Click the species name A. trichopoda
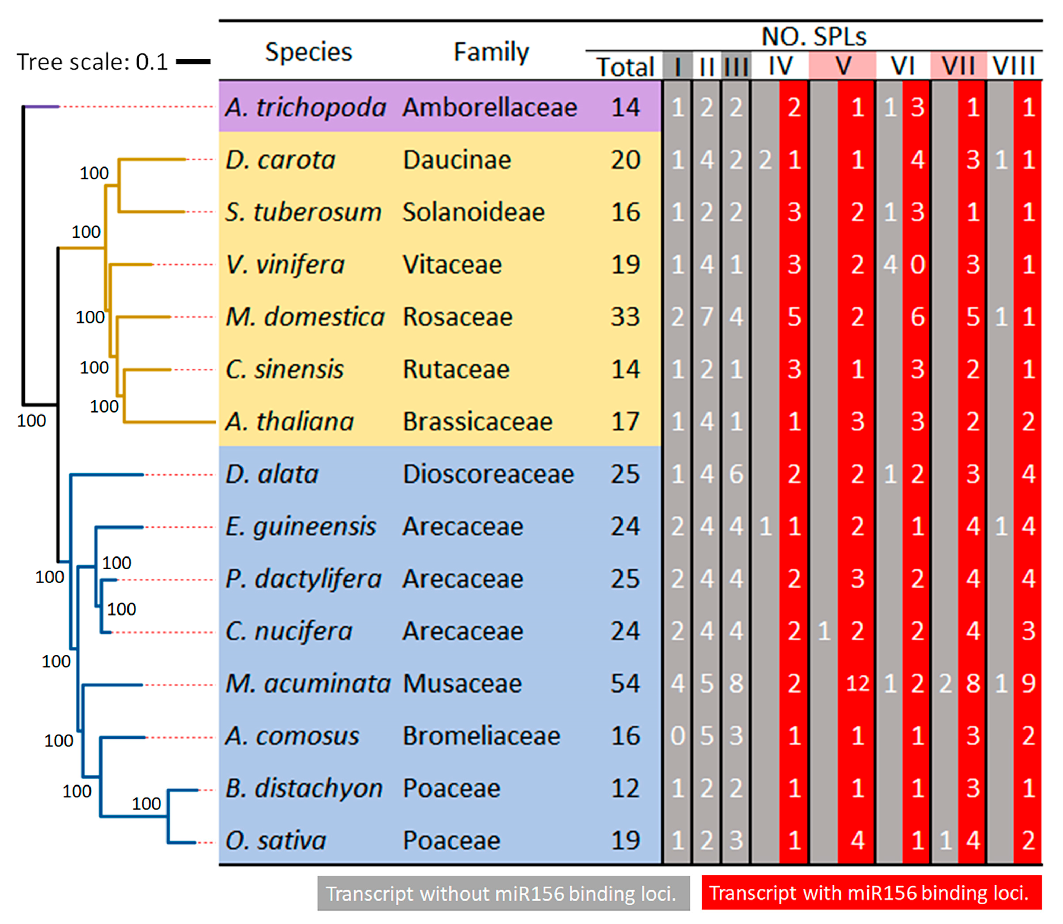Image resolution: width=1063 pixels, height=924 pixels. pyautogui.click(x=305, y=107)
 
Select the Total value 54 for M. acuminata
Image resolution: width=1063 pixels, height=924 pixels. pyautogui.click(x=625, y=684)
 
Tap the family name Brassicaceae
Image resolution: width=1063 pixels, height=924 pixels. pyautogui.click(x=477, y=422)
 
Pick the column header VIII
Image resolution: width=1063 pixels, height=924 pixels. pyautogui.click(x=1014, y=66)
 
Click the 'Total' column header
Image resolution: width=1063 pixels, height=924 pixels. pyautogui.click(x=625, y=67)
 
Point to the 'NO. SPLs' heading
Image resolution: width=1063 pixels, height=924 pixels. pyautogui.click(x=814, y=36)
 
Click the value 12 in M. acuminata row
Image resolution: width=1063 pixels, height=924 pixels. pyautogui.click(x=857, y=684)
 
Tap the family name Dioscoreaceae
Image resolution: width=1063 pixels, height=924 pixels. pyautogui.click(x=488, y=474)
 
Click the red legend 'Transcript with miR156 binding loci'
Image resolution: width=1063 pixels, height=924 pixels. pyautogui.click(x=871, y=893)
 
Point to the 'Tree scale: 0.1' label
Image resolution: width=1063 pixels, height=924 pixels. pyautogui.click(x=92, y=62)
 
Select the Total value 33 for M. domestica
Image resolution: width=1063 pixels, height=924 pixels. pyautogui.click(x=625, y=317)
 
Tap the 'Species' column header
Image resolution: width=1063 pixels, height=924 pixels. pyautogui.click(x=309, y=51)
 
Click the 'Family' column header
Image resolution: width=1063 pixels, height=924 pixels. pyautogui.click(x=491, y=51)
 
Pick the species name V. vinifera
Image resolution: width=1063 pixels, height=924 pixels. pyautogui.click(x=285, y=265)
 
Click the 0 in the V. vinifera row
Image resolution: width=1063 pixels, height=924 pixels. pyautogui.click(x=917, y=265)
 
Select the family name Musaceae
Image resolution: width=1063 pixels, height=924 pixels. pyautogui.click(x=462, y=684)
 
